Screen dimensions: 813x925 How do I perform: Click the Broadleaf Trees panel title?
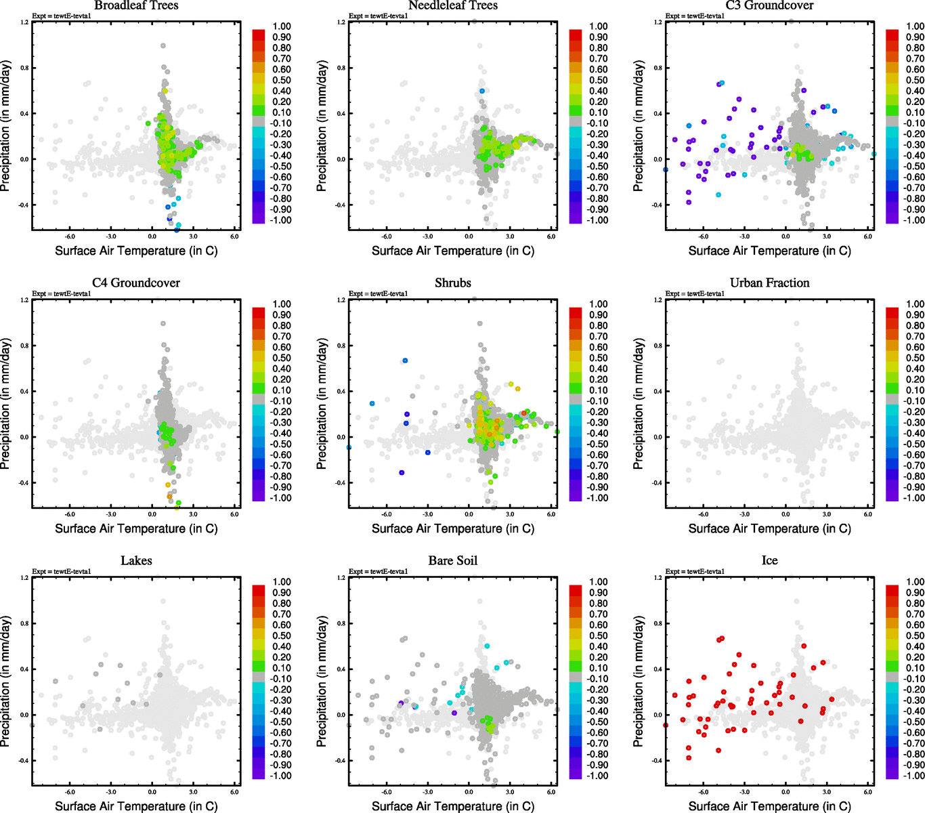pos(136,5)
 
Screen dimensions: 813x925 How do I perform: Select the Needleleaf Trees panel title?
pos(453,5)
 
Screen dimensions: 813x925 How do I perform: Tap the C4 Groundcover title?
pos(136,283)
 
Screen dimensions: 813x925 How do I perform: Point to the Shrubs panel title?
pos(453,283)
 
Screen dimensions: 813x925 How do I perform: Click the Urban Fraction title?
pos(769,283)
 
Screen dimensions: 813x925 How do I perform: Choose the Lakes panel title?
pos(136,561)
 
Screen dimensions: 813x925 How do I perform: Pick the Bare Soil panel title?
pos(453,561)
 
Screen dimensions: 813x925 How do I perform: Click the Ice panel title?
pos(769,561)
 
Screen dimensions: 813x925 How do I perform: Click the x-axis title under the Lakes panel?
pos(136,806)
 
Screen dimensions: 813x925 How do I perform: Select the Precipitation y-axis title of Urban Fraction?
pos(638,404)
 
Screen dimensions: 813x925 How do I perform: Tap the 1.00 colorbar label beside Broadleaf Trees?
pos(282,26)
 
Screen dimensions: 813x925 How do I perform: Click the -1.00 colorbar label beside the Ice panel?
pos(915,776)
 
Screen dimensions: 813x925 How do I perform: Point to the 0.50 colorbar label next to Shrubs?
pos(598,358)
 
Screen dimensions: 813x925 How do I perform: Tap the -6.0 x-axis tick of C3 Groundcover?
pos(703,236)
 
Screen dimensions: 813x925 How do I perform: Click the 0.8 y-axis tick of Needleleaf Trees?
pos(341,68)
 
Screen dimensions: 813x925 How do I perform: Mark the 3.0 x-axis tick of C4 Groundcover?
pos(193,514)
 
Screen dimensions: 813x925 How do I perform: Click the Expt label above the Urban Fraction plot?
pos(695,293)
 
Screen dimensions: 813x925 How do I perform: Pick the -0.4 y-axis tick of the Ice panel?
pos(657,761)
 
